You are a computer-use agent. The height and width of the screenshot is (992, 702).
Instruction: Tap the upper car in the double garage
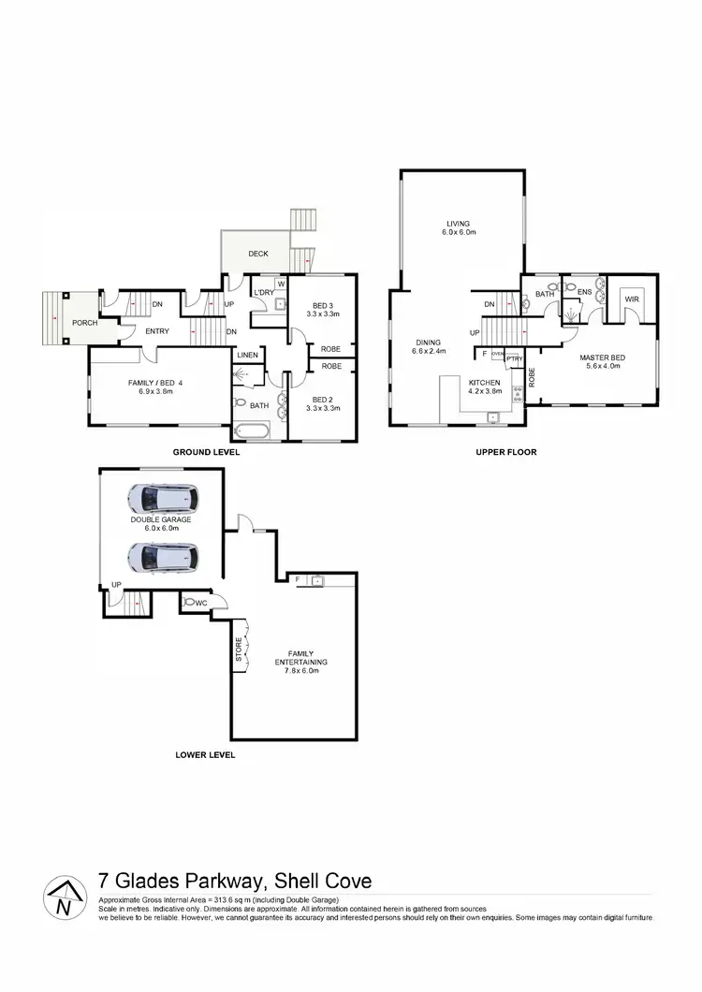pos(162,497)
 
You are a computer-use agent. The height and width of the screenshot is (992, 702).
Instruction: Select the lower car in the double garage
pos(161,558)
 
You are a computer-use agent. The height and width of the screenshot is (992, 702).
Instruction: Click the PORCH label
pos(85,323)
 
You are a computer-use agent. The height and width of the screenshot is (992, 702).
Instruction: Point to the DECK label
pos(258,254)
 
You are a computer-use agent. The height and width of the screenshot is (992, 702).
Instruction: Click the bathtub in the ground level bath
pos(250,433)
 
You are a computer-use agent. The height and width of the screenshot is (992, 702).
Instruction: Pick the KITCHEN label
pos(485,383)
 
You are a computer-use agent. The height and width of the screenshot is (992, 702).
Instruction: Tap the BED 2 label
pos(322,400)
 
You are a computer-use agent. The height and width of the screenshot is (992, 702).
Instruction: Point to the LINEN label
pos(247,356)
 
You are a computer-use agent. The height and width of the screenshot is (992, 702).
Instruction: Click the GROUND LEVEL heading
pos(206,452)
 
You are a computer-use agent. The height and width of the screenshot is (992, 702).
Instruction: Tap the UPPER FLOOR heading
pos(505,452)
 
